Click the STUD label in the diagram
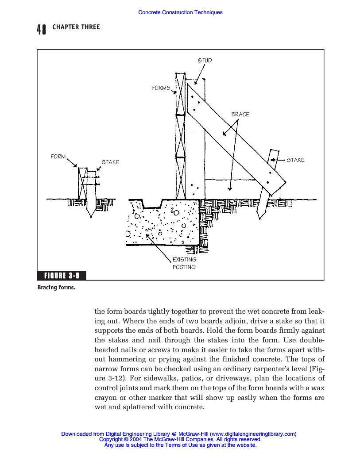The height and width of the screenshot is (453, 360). (x=205, y=60)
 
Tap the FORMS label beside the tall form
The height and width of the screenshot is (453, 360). (x=161, y=88)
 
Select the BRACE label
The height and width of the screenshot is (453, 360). (x=240, y=115)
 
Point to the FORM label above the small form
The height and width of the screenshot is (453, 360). (x=58, y=157)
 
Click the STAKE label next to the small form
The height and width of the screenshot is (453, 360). (x=110, y=162)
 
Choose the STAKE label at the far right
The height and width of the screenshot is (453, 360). (x=295, y=160)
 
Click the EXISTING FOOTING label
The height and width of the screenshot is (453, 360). (x=184, y=263)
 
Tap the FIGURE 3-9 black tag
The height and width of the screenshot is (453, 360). (x=62, y=276)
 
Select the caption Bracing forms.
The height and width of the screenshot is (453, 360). (x=56, y=288)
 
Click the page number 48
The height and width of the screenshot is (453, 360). (x=42, y=30)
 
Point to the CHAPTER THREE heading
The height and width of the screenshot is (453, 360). (x=76, y=27)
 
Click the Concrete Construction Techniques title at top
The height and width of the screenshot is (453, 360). (x=180, y=12)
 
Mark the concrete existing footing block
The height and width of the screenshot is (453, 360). (x=164, y=223)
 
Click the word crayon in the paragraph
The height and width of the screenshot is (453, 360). (x=106, y=398)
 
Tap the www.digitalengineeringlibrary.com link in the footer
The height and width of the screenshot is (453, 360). (x=252, y=434)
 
